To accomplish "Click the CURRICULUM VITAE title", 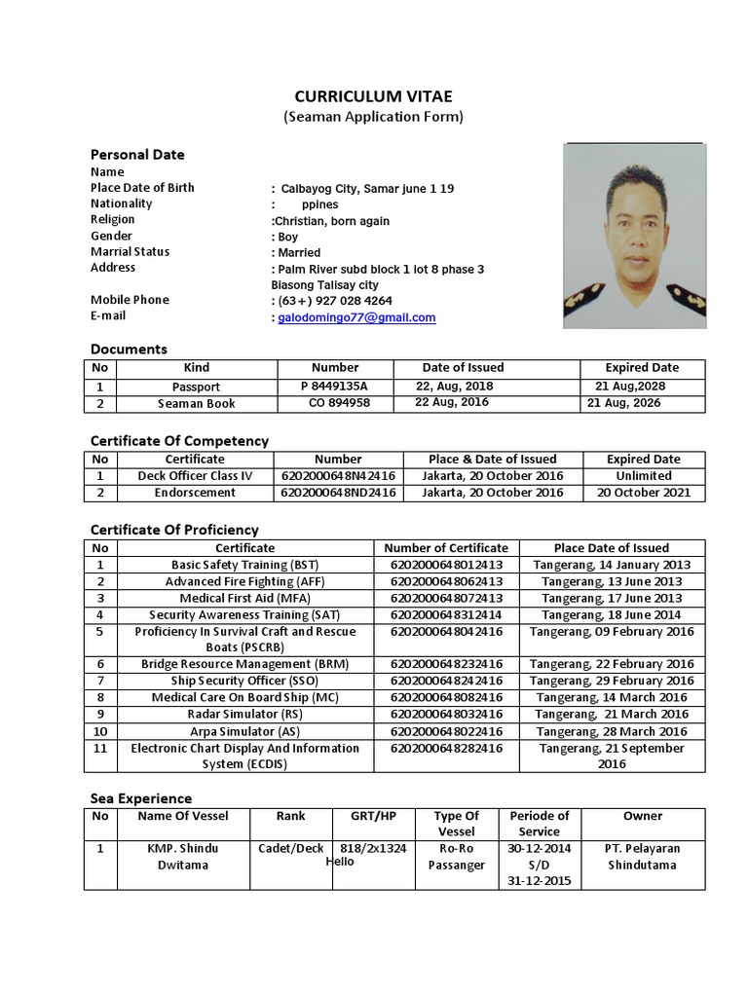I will [x=374, y=95].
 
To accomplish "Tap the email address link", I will [x=356, y=317].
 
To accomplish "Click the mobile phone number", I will [x=335, y=301].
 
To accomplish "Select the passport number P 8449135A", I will [x=334, y=386].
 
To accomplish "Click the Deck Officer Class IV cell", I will [x=195, y=476].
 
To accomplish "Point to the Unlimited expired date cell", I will [x=643, y=476].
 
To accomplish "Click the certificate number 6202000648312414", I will [x=446, y=614].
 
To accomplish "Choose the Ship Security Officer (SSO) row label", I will [x=245, y=681].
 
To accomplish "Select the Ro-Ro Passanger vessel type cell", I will [x=456, y=857].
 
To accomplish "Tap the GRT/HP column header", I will [x=373, y=816].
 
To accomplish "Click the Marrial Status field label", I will [x=130, y=252].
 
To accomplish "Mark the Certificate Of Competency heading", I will [x=179, y=441].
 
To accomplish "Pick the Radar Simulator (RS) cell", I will [x=245, y=714].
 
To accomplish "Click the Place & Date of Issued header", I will [x=492, y=459].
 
